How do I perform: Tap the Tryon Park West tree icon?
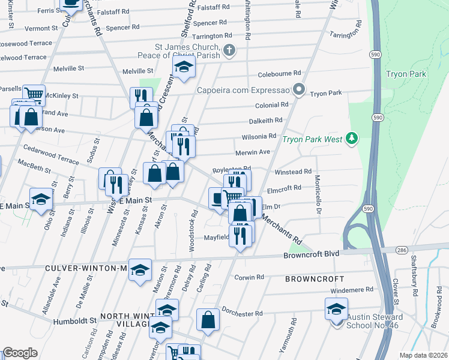[352, 139]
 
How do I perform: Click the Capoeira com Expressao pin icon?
[300, 91]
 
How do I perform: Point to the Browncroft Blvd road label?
[311, 254]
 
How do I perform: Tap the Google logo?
[19, 353]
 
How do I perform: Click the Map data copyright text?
[424, 355]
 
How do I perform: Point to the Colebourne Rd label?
[279, 73]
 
